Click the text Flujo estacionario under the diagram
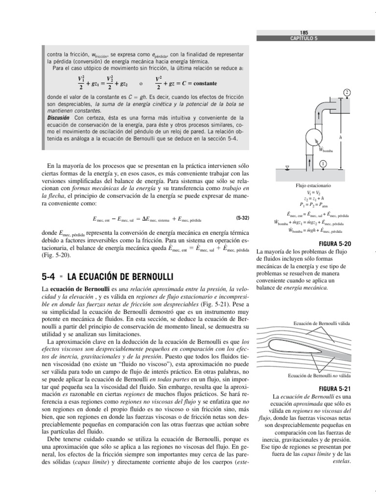point(313,186)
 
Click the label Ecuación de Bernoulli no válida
point(321,376)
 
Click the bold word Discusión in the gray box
point(58,119)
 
